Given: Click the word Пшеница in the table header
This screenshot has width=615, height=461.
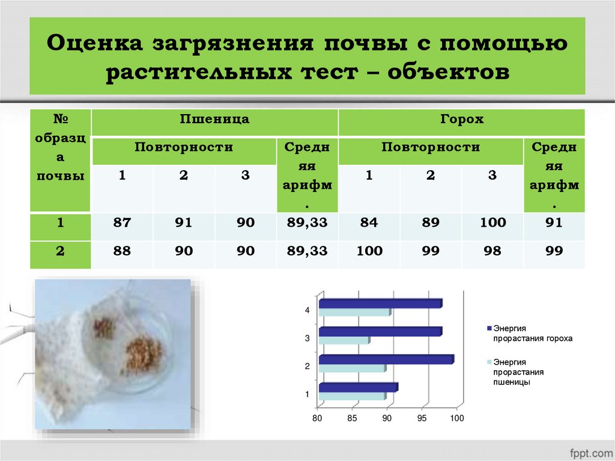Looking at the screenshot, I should tap(214, 119).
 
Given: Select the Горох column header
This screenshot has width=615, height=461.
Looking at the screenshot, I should tap(462, 119).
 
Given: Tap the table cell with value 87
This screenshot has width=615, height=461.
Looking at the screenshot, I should tap(122, 223).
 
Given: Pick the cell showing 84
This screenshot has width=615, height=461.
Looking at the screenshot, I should tap(369, 223).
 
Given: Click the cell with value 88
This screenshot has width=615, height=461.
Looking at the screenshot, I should tap(122, 251).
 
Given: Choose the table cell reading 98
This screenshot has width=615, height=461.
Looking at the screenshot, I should tap(492, 251).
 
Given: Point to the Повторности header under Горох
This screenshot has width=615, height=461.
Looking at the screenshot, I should tap(430, 147).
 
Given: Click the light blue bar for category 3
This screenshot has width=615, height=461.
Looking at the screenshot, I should tap(344, 340).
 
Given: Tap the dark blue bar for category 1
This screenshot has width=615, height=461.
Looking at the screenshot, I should tap(358, 387).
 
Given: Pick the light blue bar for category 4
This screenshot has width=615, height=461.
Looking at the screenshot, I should tap(354, 312).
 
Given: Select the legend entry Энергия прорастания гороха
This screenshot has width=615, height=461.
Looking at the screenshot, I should tap(532, 333).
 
